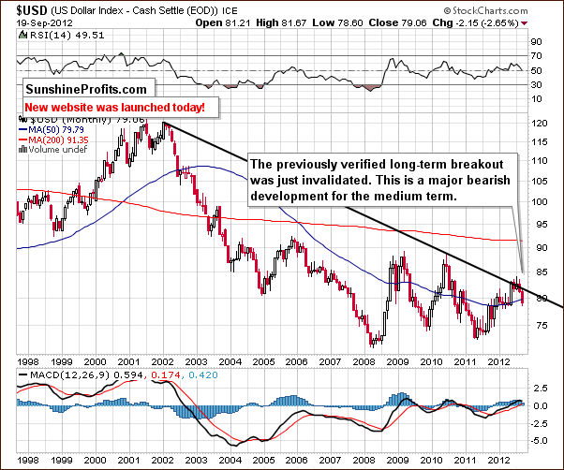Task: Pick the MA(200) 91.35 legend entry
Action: (52, 140)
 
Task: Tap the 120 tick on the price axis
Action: (537, 123)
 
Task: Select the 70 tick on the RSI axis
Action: (535, 56)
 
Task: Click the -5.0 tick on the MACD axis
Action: (538, 439)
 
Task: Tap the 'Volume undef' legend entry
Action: (47, 149)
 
